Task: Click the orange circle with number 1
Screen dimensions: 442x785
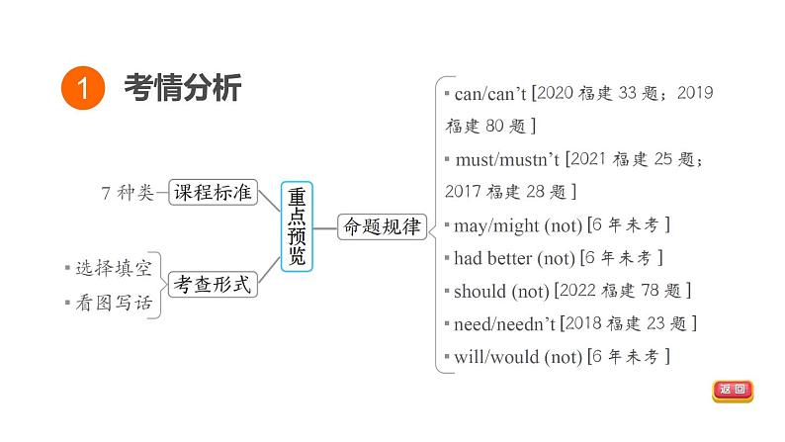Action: pos(84,89)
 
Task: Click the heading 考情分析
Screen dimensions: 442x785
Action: pos(182,89)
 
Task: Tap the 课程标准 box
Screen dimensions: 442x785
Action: pos(213,193)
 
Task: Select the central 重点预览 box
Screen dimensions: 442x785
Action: pos(297,226)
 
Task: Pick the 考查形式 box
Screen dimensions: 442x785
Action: pos(213,285)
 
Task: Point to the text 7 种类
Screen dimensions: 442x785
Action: pos(129,193)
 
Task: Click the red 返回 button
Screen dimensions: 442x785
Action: pos(733,391)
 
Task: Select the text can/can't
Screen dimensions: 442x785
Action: pos(489,94)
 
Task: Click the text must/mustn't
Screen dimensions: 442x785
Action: pos(506,159)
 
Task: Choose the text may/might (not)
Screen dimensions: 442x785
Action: pos(517,225)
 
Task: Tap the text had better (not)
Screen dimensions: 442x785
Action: pos(513,258)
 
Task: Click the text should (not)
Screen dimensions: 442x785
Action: pos(500,291)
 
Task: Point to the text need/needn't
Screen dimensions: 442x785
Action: pos(505,323)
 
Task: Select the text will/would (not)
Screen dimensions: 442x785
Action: pos(517,356)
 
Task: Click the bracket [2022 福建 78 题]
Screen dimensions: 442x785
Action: pos(623,291)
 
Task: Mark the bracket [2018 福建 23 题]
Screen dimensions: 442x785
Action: pos(629,323)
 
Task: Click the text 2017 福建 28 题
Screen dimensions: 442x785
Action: pos(510,191)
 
